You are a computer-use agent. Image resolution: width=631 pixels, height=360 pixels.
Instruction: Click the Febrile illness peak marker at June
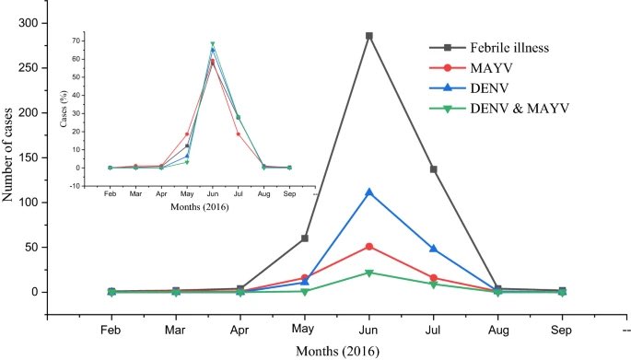click(369, 36)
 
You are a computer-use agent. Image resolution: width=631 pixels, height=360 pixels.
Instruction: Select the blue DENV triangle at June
click(369, 192)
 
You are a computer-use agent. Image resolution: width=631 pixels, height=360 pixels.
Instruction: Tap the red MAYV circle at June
click(369, 247)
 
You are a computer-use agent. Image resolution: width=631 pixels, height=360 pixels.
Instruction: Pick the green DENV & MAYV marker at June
click(369, 273)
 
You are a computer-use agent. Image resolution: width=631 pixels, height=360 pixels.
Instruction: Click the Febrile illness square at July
click(434, 169)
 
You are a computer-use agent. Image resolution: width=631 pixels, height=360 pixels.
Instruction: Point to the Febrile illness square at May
click(305, 238)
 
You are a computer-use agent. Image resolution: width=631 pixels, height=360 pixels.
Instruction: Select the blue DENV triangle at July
click(434, 249)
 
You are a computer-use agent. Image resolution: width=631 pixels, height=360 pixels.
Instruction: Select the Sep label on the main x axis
click(562, 328)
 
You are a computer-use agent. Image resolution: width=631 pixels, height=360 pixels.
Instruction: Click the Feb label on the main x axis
click(111, 328)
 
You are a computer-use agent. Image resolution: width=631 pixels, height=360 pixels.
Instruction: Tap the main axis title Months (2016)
click(336, 351)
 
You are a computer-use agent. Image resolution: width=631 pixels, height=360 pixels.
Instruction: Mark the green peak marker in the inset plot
click(213, 44)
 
